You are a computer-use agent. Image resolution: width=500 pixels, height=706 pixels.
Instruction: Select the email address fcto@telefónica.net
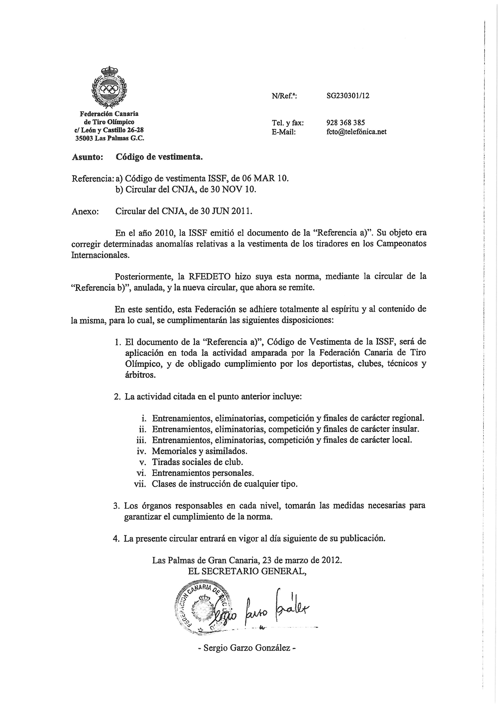pos(356,132)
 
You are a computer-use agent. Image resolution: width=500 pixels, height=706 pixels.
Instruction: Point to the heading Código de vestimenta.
pos(159,157)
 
